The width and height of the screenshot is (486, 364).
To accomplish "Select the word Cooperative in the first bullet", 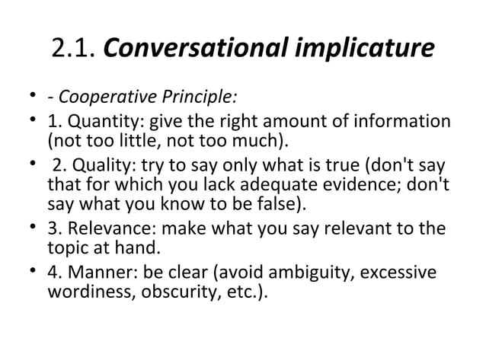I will click(x=97, y=98).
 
